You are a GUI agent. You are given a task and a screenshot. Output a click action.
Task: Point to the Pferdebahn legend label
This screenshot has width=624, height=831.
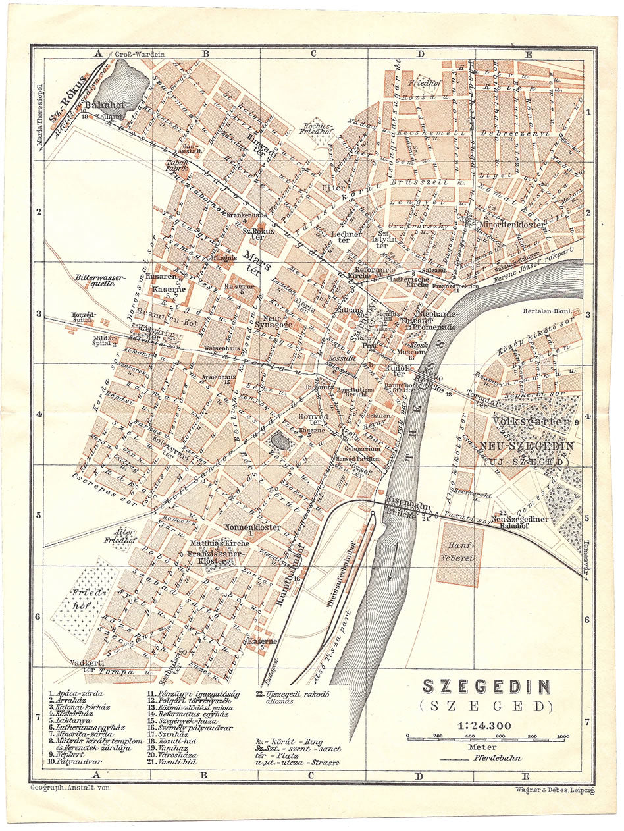coord(494,759)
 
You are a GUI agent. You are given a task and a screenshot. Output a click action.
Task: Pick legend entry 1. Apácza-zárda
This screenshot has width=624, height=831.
coord(76,693)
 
